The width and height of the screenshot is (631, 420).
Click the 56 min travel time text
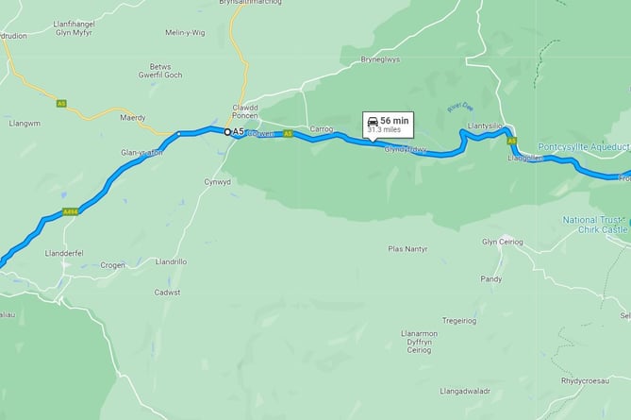395,121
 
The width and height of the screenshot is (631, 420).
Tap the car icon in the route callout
374,122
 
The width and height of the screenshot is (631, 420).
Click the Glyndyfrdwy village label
406,149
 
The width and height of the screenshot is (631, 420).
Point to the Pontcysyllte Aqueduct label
582,146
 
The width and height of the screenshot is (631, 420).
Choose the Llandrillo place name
174,261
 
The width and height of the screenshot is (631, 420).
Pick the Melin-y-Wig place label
184,59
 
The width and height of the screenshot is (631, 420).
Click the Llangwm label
25,124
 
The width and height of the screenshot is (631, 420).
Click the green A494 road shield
70,212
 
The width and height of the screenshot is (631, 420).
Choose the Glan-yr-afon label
142,153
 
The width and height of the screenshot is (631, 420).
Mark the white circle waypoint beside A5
226,131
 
